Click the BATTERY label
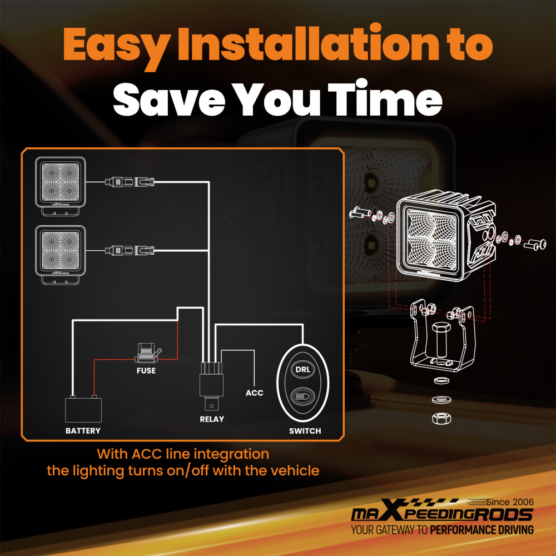pos(83,431)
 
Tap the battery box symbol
pos(83,409)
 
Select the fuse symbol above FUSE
pos(147,353)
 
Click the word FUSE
pos(146,370)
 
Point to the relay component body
pos(211,385)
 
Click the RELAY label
pos(212,419)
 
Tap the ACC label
pos(254,393)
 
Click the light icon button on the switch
pos(302,396)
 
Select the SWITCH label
pos(305,431)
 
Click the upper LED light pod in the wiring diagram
pos(61,186)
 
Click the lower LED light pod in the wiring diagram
pos(61,255)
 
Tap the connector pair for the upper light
pos(130,182)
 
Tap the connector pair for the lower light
pos(130,251)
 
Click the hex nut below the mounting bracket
pos(441,419)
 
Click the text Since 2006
pos(510,502)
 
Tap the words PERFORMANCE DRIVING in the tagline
pos(482,530)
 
